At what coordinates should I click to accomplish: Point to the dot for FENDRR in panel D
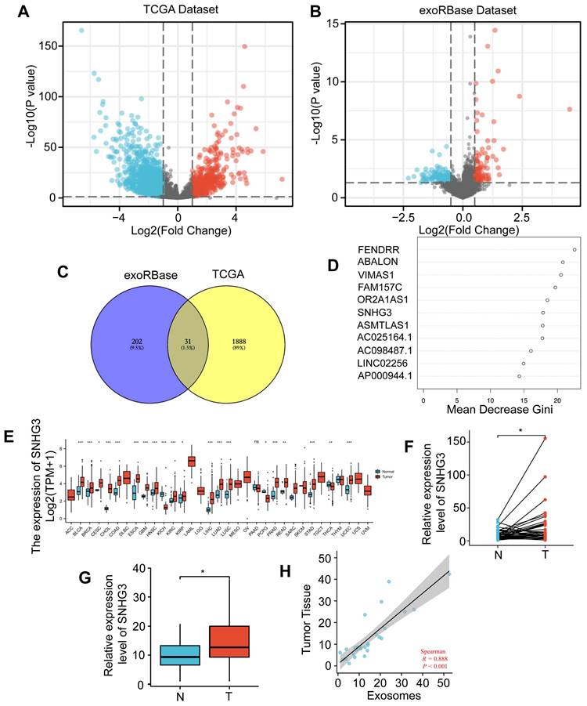(574, 250)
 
